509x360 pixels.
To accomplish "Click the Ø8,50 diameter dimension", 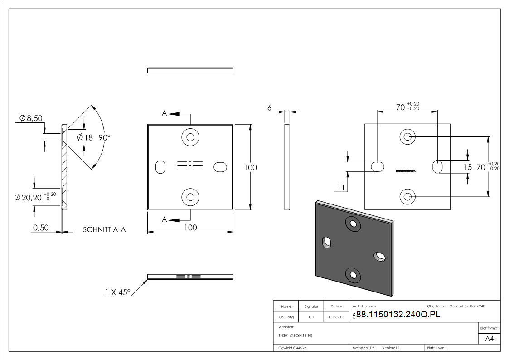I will click(x=31, y=119).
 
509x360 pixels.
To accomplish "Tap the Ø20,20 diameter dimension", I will click(x=31, y=198).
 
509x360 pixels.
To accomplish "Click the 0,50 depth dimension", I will click(x=40, y=228).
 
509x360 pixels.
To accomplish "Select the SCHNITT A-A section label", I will click(x=104, y=230).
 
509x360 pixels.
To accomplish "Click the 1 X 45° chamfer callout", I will click(x=117, y=292).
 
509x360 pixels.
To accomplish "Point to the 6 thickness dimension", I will click(x=270, y=108).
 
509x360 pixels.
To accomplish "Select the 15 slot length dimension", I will click(x=468, y=167).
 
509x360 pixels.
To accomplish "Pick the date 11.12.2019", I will click(x=336, y=317).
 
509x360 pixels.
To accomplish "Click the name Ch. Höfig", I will click(x=286, y=317).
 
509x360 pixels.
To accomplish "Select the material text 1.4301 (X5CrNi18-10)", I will click(x=295, y=336).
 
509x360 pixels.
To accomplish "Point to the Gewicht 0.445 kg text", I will click(x=293, y=348).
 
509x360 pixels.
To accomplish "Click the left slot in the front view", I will click(x=160, y=167).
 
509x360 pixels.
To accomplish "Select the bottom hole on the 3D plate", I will click(x=352, y=274).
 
